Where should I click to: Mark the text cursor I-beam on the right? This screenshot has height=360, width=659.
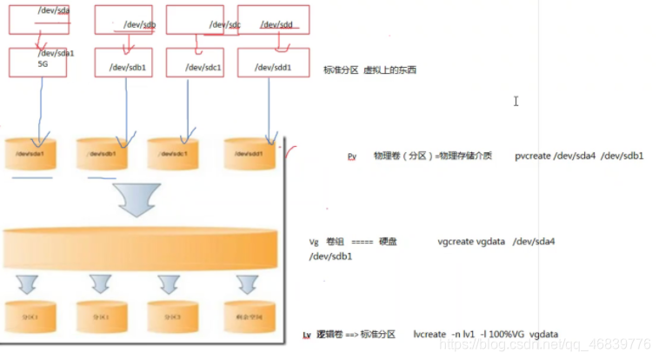(516, 101)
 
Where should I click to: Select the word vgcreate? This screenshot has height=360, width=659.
(456, 243)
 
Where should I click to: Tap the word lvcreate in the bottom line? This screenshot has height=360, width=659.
(430, 334)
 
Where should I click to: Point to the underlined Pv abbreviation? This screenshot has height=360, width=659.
(352, 157)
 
